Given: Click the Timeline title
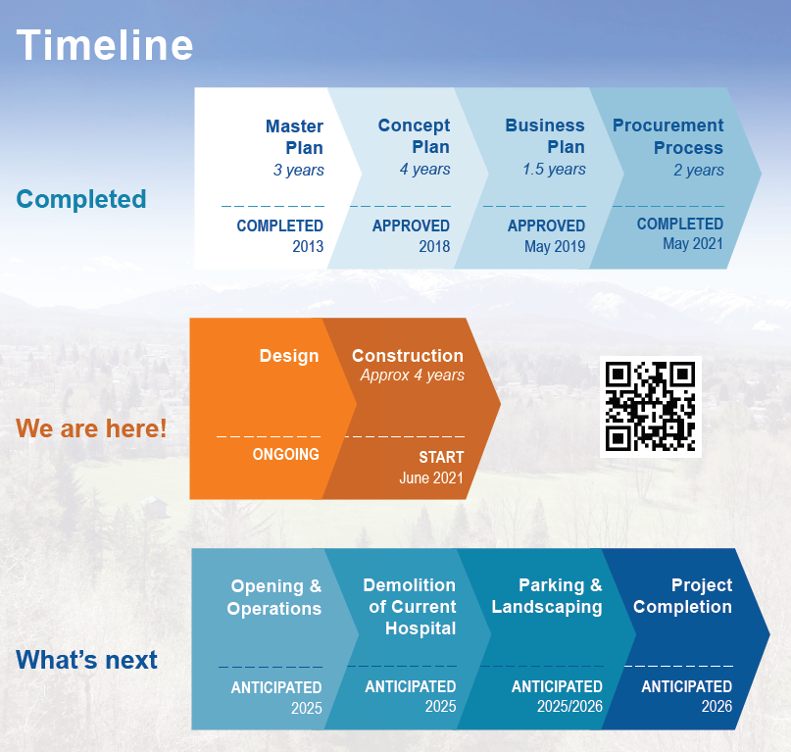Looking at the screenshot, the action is click(x=105, y=45).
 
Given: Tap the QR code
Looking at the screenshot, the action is click(x=650, y=407).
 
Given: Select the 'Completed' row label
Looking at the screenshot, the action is click(x=81, y=199).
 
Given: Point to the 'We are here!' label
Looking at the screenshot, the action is click(x=91, y=428).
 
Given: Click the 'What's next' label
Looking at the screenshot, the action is click(x=87, y=660).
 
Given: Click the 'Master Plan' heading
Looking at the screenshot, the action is click(x=295, y=137).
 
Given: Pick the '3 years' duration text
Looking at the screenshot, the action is click(x=299, y=170).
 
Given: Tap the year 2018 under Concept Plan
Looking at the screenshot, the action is click(x=434, y=246).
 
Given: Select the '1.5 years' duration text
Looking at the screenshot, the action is click(x=554, y=169).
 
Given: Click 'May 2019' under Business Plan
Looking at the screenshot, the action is click(x=555, y=246).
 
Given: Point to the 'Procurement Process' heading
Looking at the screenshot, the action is click(x=667, y=136).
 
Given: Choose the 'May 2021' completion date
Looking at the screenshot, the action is click(x=693, y=244).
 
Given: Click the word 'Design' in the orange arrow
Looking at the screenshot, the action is click(x=289, y=356).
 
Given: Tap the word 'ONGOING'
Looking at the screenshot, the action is click(x=286, y=454).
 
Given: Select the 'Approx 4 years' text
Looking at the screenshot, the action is click(x=412, y=375).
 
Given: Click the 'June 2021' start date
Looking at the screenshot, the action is click(x=431, y=477).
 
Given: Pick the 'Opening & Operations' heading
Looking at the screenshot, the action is click(x=273, y=597).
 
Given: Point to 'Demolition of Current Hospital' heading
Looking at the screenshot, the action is click(x=410, y=607).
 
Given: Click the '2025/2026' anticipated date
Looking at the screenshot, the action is click(x=570, y=706).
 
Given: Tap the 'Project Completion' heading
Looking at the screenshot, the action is click(x=682, y=596).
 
